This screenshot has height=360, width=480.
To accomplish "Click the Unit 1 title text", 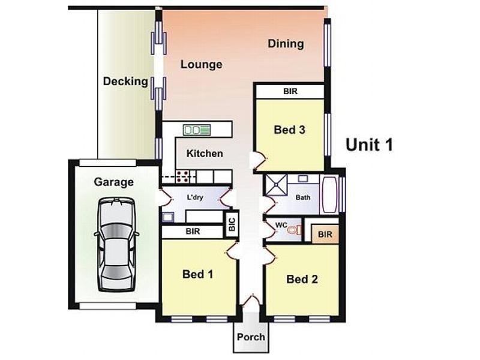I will tap(369, 145).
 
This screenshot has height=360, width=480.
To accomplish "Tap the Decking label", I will tap(125, 82).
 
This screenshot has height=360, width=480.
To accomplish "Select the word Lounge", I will tap(202, 65).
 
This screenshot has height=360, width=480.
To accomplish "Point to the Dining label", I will tap(286, 44).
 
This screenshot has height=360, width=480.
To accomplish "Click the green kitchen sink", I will tap(197, 130).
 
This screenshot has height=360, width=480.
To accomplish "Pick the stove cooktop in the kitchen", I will tap(183, 176).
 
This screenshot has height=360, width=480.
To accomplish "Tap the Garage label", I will tap(113, 182).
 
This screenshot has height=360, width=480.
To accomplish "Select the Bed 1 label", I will tap(197, 274).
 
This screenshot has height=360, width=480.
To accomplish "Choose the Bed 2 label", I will tap(302, 279).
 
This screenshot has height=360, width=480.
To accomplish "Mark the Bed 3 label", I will tap(290, 130).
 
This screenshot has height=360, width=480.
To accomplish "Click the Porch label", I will tap(251, 337).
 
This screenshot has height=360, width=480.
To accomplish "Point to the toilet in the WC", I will tap(293, 230).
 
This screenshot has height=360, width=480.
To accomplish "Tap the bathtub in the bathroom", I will tap(329, 194).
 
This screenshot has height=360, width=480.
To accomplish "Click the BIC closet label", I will tap(232, 224).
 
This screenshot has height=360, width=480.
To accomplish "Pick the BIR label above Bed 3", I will tap(290, 91).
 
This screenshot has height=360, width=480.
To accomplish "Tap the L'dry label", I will tap(193, 197).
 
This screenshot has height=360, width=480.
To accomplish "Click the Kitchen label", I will tap(205, 154).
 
